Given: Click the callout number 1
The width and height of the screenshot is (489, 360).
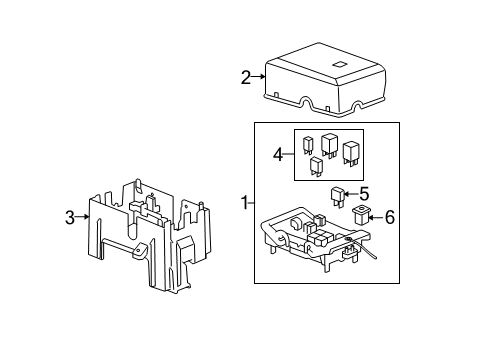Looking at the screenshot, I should click(245, 203).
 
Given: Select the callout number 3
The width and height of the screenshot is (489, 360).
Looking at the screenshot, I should click(70, 216).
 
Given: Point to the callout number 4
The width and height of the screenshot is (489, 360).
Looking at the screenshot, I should click(278, 153).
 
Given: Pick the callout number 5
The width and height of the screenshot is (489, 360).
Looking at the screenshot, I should click(365, 195).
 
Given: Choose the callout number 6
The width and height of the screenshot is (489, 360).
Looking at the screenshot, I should click(390, 217).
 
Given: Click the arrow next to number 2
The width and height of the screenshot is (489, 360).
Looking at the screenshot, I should click(260, 76).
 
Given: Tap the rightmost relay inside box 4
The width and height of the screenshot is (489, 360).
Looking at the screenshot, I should click(351, 153).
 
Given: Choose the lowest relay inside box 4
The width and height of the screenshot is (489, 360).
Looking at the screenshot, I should click(317, 166).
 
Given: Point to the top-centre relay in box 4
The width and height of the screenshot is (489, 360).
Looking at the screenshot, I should click(330, 144).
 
